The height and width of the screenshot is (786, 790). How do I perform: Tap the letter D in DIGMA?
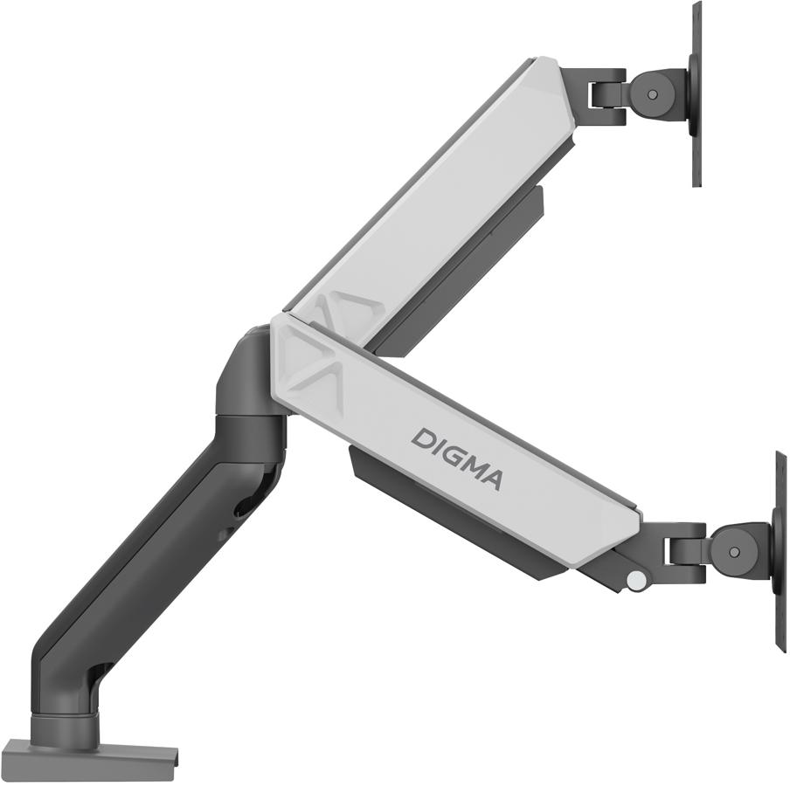click(421, 438)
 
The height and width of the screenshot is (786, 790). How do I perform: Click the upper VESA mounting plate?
click(696, 93)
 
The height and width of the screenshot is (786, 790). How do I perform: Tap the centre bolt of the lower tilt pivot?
click(733, 551)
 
